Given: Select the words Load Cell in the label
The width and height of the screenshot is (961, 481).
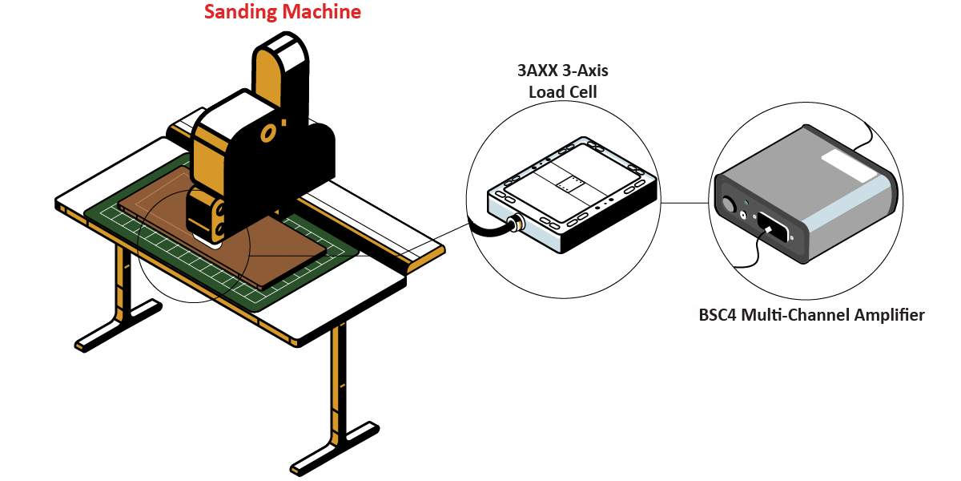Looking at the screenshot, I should pos(562,91).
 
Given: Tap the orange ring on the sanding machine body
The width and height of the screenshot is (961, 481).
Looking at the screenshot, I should pos(270,131).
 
